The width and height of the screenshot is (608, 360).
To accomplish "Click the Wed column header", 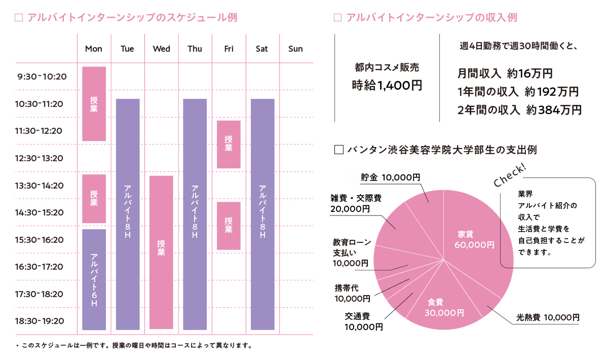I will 161,49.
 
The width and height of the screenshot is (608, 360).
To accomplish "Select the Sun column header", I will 295,49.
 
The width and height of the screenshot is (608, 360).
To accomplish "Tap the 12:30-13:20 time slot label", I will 39,158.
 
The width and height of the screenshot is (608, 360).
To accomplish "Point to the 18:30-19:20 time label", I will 39,321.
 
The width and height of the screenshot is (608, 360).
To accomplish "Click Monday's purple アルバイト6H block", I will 94,279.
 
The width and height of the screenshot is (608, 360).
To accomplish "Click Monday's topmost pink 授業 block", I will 94,103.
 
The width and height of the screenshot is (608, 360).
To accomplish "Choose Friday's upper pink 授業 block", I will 229,144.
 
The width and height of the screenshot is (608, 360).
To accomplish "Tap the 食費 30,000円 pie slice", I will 444,307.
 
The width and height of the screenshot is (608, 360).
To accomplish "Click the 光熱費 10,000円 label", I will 547,318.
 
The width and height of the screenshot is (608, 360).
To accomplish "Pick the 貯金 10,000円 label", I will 391,178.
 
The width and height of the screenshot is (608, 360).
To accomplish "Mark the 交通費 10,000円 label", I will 363,321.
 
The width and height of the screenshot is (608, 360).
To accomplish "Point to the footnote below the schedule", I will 134,346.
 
